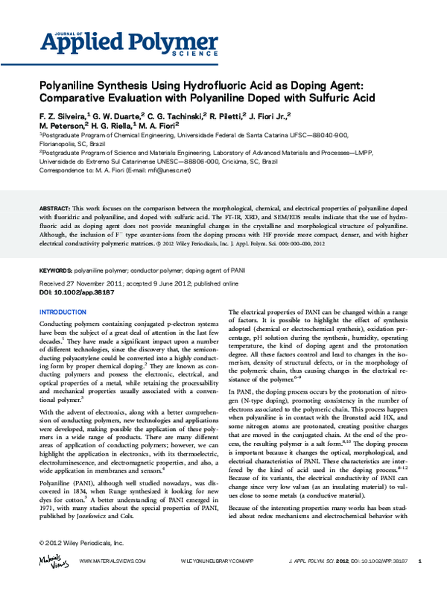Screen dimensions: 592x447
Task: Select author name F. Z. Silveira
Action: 63,116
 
